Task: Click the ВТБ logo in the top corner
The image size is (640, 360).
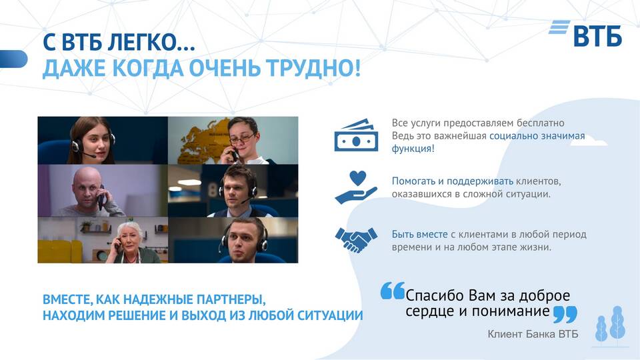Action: point(585,33)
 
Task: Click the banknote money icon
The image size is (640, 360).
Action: point(356,135)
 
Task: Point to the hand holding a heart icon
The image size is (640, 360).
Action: point(356,187)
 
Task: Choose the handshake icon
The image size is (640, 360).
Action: point(356,239)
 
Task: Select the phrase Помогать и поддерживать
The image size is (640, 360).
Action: point(453,181)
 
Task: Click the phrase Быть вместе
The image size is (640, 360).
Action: point(419,234)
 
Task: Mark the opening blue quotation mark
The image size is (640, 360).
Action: point(393,291)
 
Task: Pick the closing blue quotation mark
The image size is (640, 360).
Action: point(565,315)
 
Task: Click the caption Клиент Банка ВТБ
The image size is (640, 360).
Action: point(533,334)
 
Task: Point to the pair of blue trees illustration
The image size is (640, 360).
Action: point(610,324)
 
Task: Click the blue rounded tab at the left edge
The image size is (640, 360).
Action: point(13,59)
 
